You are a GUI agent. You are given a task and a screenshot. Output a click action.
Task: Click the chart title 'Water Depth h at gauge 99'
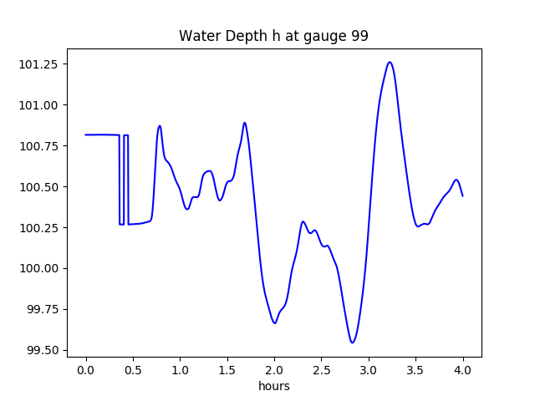(273, 36)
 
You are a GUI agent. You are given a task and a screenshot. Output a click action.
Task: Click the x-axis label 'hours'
(273, 387)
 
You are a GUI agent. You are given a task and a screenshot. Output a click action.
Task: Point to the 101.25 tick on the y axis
(43, 64)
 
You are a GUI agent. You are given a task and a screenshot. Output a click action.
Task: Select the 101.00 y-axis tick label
(43, 105)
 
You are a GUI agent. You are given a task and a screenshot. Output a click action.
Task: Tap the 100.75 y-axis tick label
(43, 146)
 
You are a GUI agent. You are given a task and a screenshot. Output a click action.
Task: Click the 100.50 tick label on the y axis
(43, 187)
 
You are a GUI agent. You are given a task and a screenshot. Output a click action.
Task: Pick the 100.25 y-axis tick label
(43, 228)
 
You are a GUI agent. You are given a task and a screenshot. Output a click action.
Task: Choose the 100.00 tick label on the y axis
(43, 269)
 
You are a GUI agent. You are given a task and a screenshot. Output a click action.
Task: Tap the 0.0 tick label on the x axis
(86, 370)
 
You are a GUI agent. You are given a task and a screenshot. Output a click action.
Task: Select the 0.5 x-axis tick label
(133, 370)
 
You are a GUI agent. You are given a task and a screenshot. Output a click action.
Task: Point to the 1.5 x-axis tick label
(227, 370)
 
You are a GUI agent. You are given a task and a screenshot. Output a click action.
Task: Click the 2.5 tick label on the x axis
(322, 370)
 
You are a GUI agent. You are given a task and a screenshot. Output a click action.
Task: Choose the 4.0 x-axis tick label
(463, 370)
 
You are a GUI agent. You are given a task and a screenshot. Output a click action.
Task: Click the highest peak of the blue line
(390, 62)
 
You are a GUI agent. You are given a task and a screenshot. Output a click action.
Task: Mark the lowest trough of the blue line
(353, 343)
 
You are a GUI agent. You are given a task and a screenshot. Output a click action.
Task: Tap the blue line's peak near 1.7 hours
(245, 123)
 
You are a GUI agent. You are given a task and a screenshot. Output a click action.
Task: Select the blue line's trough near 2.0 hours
(274, 323)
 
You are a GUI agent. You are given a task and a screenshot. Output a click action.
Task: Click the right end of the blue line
(463, 195)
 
